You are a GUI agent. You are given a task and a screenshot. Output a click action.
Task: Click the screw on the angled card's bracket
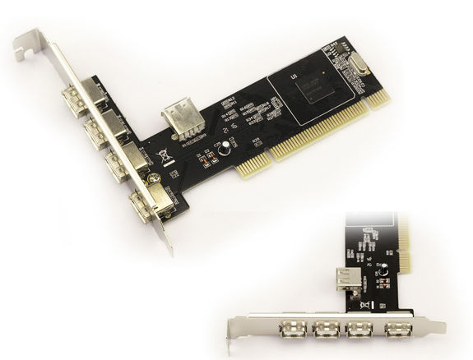point(151,178)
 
